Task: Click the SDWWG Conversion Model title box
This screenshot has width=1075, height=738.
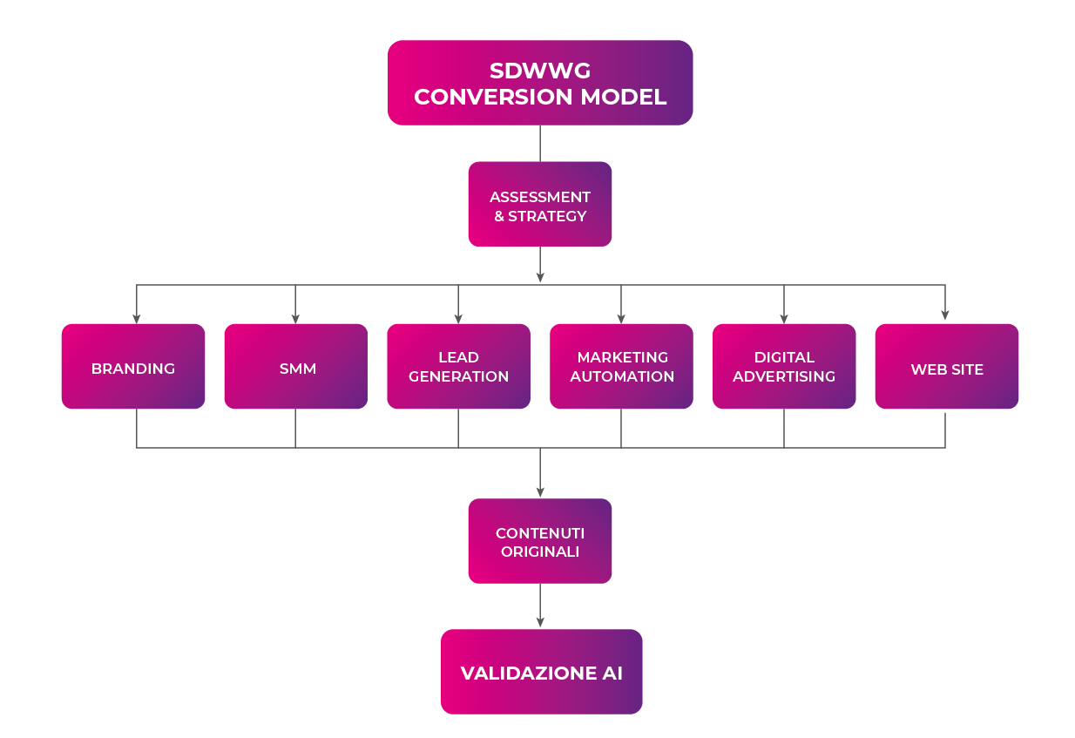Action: pyautogui.click(x=540, y=83)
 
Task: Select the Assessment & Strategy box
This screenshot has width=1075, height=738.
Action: pyautogui.click(x=540, y=205)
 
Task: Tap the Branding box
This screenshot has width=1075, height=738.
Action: pyautogui.click(x=133, y=367)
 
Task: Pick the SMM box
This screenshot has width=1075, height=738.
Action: pyautogui.click(x=296, y=367)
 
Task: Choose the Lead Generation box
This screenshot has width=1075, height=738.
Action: pyautogui.click(x=458, y=367)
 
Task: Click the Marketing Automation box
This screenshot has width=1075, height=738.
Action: pyautogui.click(x=621, y=367)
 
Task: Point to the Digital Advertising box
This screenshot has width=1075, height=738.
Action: pyautogui.click(x=784, y=367)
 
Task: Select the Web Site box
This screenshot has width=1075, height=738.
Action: pyautogui.click(x=947, y=367)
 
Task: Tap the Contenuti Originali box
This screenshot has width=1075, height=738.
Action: pyautogui.click(x=540, y=541)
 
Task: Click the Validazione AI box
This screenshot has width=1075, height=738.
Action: pyautogui.click(x=542, y=672)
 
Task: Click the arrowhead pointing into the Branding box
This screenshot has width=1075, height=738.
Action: pyautogui.click(x=137, y=316)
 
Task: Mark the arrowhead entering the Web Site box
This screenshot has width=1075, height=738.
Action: pyautogui.click(x=945, y=316)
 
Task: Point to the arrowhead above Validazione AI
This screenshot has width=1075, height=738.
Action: pyautogui.click(x=540, y=621)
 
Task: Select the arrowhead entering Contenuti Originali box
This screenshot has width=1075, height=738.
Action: pyautogui.click(x=540, y=491)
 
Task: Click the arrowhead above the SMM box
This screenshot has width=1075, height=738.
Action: pyautogui.click(x=295, y=316)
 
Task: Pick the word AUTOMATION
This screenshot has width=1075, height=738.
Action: pyautogui.click(x=622, y=376)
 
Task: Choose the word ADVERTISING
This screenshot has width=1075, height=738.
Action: pyautogui.click(x=784, y=376)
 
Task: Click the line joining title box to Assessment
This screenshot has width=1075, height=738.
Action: pyautogui.click(x=540, y=144)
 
